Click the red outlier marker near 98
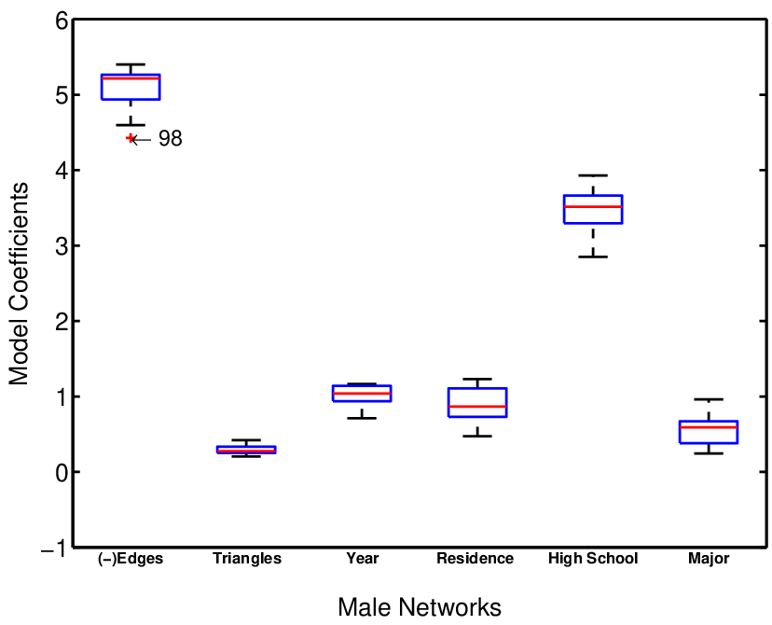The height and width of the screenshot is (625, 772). tap(130, 138)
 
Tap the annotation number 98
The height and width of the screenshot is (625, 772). tap(171, 139)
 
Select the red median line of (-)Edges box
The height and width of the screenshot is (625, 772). tap(131, 78)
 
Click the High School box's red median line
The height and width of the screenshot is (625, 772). tap(593, 206)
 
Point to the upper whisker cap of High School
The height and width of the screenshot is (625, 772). tap(593, 175)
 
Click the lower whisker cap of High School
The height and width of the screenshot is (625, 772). tap(593, 257)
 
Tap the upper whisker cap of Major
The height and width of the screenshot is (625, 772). tap(709, 399)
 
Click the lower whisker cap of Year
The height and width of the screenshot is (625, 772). tap(362, 418)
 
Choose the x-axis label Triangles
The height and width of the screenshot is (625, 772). tap(247, 559)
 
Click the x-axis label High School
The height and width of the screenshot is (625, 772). tap(593, 559)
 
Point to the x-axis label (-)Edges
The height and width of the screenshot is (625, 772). tap(131, 559)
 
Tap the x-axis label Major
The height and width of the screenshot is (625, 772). tap(709, 559)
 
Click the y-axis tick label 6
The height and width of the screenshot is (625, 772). tap(62, 21)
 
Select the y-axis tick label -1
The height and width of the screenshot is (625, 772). tap(54, 549)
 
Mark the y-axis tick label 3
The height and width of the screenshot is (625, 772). tap(62, 246)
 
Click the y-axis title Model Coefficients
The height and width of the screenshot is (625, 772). tap(19, 284)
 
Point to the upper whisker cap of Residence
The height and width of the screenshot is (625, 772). tap(477, 379)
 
